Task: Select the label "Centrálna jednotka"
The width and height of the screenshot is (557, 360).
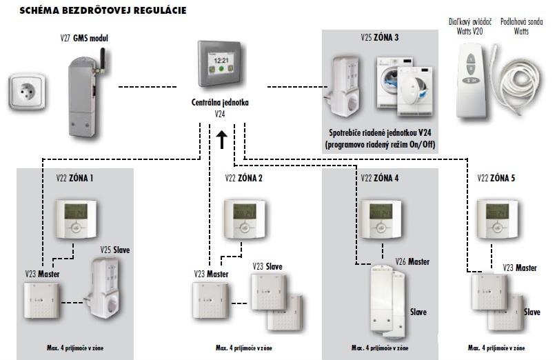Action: click(x=220, y=102)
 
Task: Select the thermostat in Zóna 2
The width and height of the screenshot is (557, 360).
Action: click(x=242, y=219)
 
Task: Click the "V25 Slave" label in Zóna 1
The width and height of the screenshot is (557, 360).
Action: click(x=114, y=248)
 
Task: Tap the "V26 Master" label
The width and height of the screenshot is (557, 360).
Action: click(x=412, y=261)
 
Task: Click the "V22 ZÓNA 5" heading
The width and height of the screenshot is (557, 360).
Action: click(x=496, y=178)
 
